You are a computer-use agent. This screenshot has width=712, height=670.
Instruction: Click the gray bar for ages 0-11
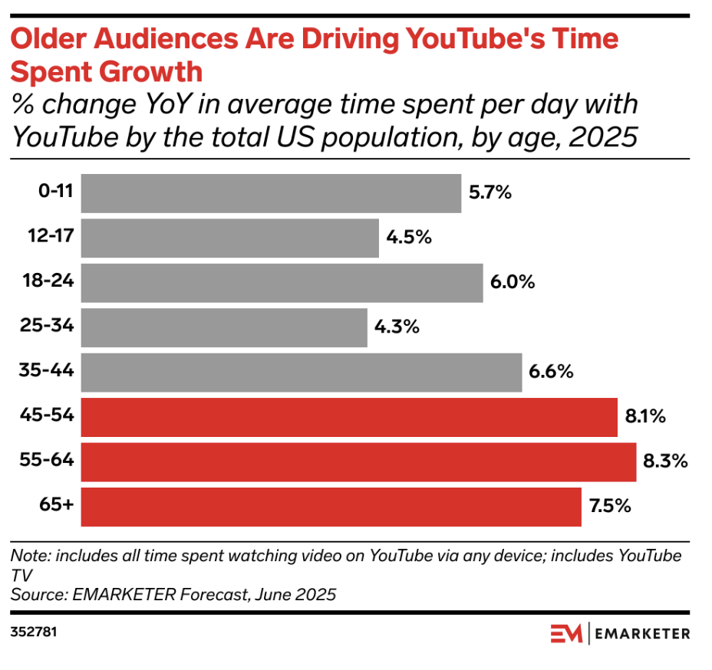click(271, 193)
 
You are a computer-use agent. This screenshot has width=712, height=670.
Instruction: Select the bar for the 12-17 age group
click(229, 238)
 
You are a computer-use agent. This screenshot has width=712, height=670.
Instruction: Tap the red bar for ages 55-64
click(358, 462)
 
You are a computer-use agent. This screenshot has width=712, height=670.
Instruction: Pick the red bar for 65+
click(331, 507)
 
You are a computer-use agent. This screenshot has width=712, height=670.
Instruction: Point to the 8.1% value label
click(644, 417)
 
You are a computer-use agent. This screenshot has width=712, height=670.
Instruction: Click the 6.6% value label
click(551, 373)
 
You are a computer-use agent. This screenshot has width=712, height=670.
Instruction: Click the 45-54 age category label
click(48, 417)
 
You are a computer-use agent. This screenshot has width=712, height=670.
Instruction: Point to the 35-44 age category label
click(48, 372)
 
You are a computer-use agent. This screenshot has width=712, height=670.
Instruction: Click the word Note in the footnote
click(28, 555)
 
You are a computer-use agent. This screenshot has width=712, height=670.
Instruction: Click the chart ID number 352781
click(34, 634)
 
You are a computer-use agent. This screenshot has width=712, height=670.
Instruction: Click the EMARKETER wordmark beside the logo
click(643, 634)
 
